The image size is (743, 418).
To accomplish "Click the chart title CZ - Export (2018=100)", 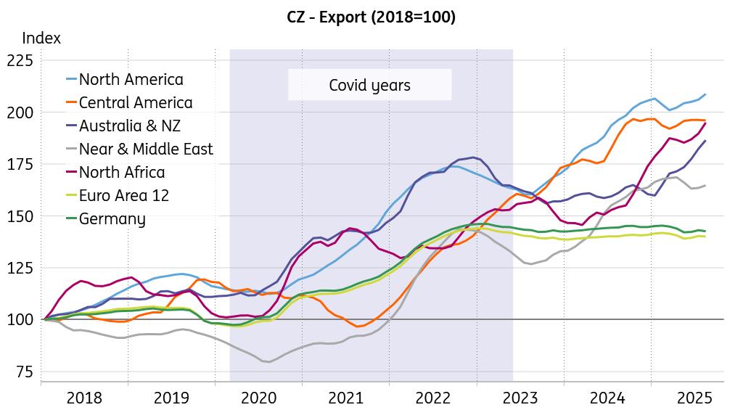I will [x=371, y=17].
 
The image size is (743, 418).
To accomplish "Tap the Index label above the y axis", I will [x=41, y=38].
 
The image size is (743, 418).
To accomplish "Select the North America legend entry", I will [x=131, y=79].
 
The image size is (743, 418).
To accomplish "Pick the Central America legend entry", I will [x=136, y=102].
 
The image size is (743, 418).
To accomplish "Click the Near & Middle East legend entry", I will [x=146, y=149].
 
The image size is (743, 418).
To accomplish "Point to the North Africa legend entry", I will [x=122, y=172].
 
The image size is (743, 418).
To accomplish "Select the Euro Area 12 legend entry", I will [x=123, y=195].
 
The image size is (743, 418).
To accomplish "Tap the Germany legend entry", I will [x=112, y=218].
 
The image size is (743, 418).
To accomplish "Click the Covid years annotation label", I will [x=369, y=85].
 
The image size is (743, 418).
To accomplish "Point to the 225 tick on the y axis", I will [x=20, y=60].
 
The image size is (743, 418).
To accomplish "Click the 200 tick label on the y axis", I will [x=20, y=112].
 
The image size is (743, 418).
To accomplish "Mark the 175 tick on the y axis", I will [x=20, y=164].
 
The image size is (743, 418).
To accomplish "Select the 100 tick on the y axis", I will [x=20, y=319].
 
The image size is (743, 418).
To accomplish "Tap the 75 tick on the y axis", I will [x=24, y=372].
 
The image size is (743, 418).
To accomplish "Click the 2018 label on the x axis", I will [x=84, y=398].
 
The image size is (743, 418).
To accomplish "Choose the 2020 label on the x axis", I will [x=258, y=398].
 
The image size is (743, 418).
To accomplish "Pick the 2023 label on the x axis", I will [x=520, y=398].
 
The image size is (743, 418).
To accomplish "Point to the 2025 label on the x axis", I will [x=694, y=398].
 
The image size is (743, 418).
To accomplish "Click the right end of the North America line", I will [x=705, y=94].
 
